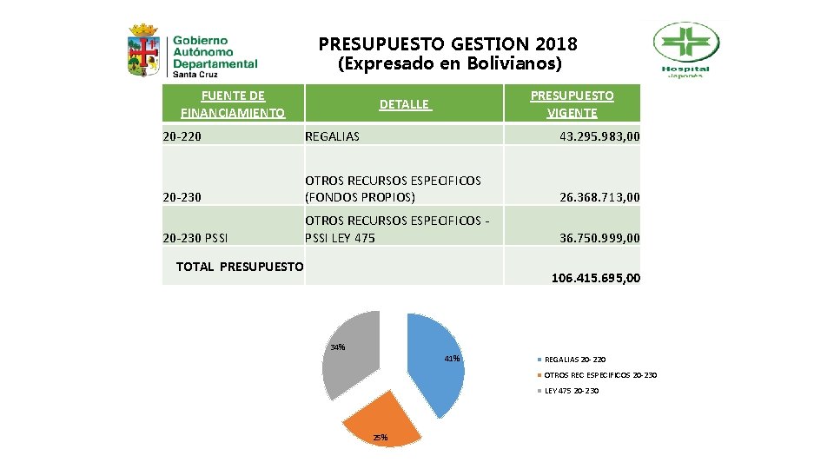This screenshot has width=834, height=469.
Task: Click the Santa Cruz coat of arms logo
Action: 143,51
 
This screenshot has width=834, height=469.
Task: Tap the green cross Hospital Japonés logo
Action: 685,50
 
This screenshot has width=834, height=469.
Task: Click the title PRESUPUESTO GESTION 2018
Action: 447,43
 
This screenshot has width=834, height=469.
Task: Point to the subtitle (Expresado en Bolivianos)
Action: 449,64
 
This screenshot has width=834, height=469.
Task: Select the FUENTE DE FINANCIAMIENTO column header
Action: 232,103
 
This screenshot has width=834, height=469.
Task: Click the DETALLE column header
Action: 404,104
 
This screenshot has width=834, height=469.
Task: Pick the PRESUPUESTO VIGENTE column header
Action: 572,103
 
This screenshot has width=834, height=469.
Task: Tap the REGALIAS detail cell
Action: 332,135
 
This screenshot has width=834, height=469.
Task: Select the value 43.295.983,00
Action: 599,135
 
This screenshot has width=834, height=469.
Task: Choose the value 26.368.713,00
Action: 599,197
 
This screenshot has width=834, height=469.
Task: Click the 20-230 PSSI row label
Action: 195,237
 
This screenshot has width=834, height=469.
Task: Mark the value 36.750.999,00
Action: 599,237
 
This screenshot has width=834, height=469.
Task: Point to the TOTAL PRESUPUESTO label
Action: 240,267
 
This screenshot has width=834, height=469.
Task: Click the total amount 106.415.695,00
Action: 595,278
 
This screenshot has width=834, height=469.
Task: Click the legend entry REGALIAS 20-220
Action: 574,359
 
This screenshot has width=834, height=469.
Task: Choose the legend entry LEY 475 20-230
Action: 571,391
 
